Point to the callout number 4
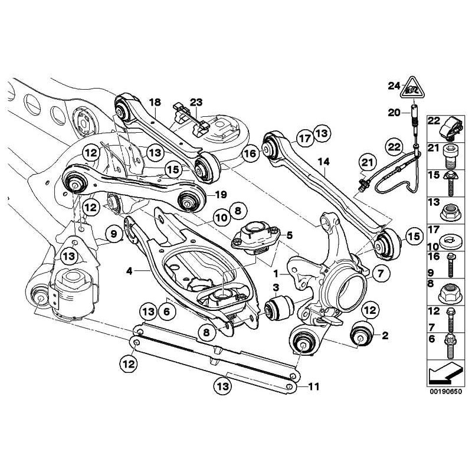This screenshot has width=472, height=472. point(129,271)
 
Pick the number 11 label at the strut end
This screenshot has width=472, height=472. point(313,387)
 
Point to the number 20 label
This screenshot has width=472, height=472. point(393,112)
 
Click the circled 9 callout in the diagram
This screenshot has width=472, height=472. point(111,237)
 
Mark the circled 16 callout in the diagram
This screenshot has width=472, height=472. point(250,154)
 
